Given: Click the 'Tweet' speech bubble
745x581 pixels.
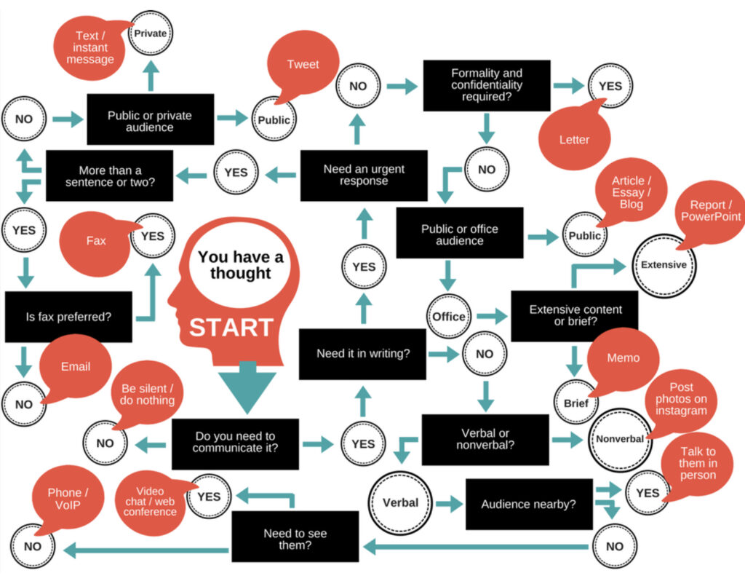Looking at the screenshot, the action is click(303, 64).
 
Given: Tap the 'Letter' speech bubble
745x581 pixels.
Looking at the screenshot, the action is click(574, 137).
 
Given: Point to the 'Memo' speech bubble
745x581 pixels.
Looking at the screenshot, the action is click(623, 360).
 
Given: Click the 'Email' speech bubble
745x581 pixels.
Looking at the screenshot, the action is click(76, 368).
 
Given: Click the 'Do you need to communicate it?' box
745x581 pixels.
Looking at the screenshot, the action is click(235, 443).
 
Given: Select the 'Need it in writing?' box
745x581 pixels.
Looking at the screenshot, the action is click(362, 354).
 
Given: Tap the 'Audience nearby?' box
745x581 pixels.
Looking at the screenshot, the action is click(529, 504).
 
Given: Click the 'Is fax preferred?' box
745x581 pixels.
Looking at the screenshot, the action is click(68, 317).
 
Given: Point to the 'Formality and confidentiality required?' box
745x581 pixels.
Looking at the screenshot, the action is click(487, 86).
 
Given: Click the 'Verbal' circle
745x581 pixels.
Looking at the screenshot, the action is click(401, 502).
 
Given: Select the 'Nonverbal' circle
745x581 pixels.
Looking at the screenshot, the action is click(620, 439).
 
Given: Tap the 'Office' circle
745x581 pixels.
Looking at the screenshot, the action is click(448, 316).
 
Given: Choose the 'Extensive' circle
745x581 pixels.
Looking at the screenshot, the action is click(664, 265).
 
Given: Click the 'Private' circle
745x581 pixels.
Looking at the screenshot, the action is click(150, 33).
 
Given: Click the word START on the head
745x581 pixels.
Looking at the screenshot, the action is click(231, 328).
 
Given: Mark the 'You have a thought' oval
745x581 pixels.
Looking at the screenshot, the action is click(240, 265).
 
